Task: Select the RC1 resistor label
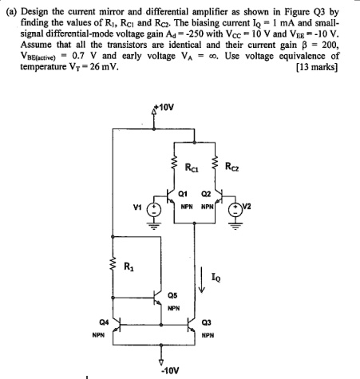pyautogui.click(x=192, y=168)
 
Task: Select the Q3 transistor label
pyautogui.click(x=210, y=322)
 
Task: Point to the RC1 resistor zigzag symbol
pyautogui.click(x=176, y=168)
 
